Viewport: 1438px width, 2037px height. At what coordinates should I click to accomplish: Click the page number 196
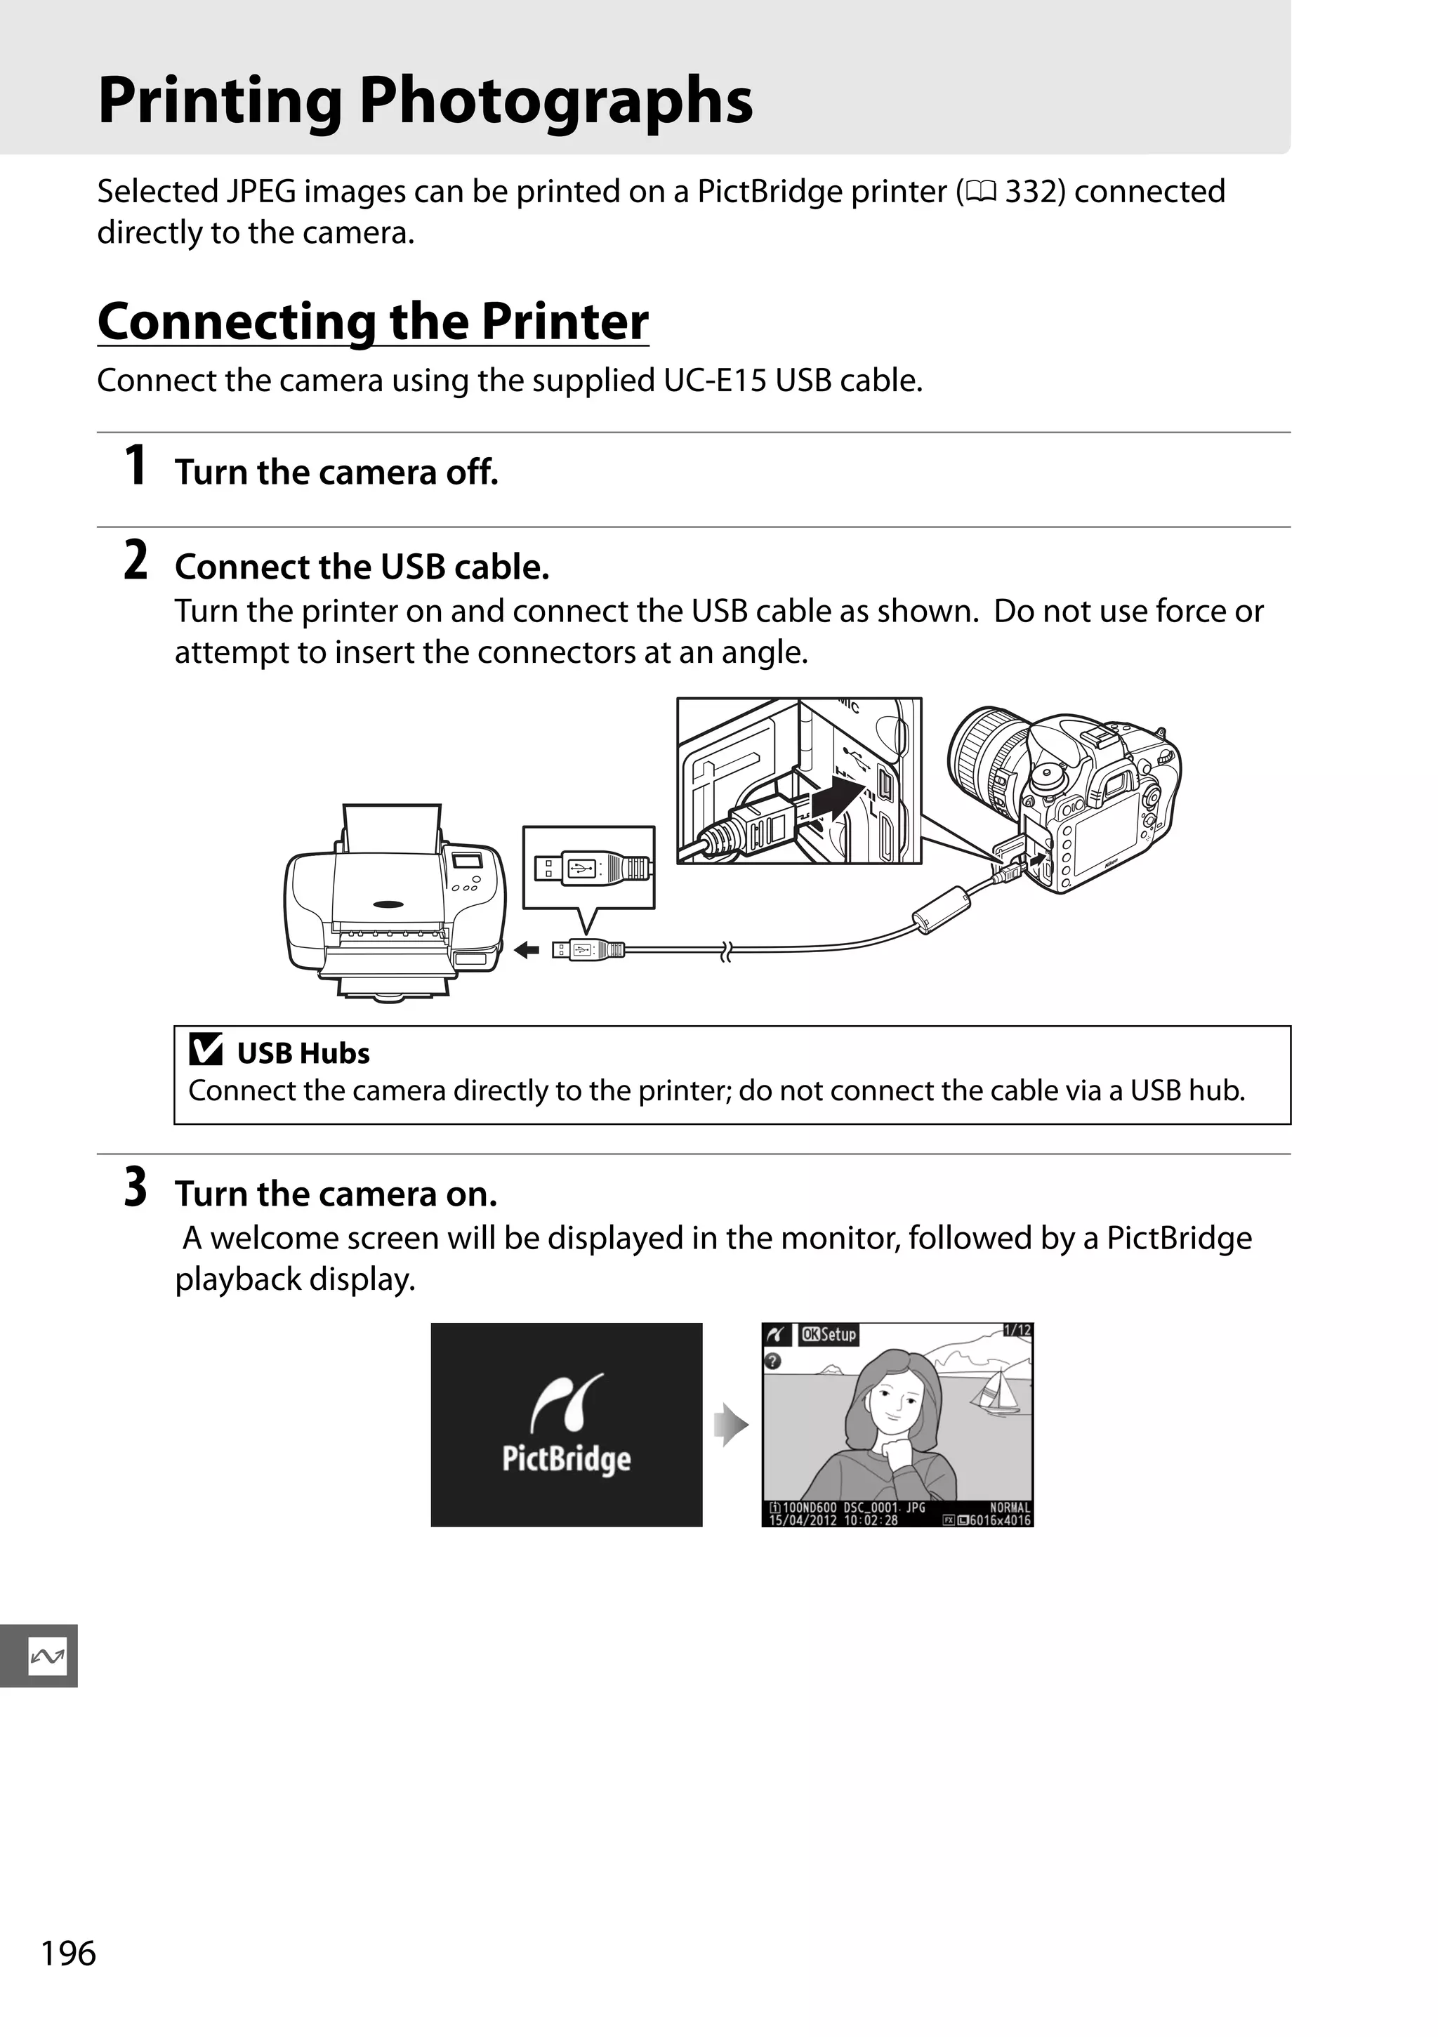[x=68, y=1953]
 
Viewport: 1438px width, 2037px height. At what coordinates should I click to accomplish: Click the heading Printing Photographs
[x=425, y=100]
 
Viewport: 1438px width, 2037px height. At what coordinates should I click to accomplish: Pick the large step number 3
[x=135, y=1188]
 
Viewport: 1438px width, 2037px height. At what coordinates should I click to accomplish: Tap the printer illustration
[x=395, y=905]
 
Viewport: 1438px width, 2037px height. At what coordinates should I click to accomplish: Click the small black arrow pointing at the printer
[x=527, y=950]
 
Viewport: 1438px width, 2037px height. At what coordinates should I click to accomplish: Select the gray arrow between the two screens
[x=732, y=1425]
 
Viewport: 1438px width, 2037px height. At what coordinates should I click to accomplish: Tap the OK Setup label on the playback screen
[x=829, y=1334]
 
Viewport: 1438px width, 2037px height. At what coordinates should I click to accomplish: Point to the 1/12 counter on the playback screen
[x=1017, y=1330]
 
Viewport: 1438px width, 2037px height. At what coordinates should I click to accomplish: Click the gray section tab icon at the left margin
[x=46, y=1656]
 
